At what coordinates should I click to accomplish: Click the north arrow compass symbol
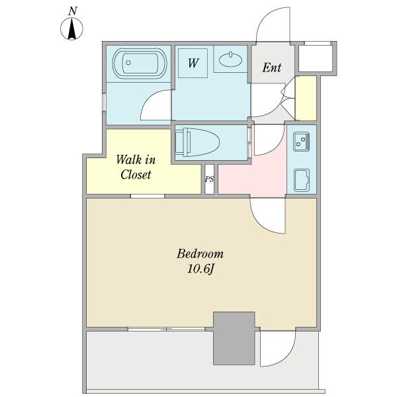[71, 28]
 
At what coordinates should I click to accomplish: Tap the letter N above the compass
[73, 11]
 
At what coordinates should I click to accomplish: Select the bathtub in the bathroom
[140, 64]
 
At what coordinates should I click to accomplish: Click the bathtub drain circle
[128, 63]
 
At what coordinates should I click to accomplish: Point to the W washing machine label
[193, 63]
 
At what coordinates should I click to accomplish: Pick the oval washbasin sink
[230, 60]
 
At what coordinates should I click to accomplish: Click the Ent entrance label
[272, 67]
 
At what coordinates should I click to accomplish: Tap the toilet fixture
[197, 142]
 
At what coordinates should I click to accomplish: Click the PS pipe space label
[209, 179]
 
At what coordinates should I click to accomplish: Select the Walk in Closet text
[136, 167]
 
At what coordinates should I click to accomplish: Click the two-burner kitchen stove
[301, 142]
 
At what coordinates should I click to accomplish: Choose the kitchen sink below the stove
[302, 180]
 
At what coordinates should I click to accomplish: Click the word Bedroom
[200, 253]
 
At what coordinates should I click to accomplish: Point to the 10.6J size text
[200, 269]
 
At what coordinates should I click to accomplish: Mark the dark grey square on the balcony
[234, 338]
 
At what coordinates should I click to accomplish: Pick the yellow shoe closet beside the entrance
[306, 98]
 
